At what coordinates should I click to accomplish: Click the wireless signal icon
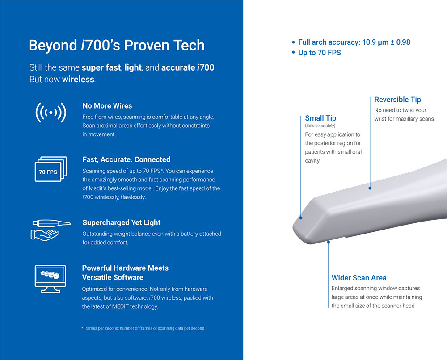click(x=51, y=113)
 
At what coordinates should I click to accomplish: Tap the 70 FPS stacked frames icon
click(x=51, y=169)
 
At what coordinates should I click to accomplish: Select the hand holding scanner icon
click(x=51, y=230)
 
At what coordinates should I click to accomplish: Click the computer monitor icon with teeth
click(x=51, y=279)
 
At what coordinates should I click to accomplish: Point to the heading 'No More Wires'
click(x=107, y=106)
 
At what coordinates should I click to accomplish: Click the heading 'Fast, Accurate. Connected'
click(x=127, y=159)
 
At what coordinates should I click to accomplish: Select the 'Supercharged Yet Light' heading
click(x=122, y=222)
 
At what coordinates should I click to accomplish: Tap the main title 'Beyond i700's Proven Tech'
click(x=117, y=45)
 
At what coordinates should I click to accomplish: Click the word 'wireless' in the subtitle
click(x=78, y=79)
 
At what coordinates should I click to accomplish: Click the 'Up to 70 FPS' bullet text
click(x=320, y=53)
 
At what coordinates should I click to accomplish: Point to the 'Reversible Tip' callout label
click(x=397, y=100)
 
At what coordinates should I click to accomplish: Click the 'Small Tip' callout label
click(x=320, y=118)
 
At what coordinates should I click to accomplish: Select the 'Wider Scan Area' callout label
click(x=359, y=278)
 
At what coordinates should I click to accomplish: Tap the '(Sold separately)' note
click(x=320, y=126)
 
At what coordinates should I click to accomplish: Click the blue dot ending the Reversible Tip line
click(x=370, y=188)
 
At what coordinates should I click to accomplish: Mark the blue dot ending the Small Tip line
click(x=301, y=218)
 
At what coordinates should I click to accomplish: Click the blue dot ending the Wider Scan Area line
click(x=329, y=242)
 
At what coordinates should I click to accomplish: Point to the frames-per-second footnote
click(x=143, y=328)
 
